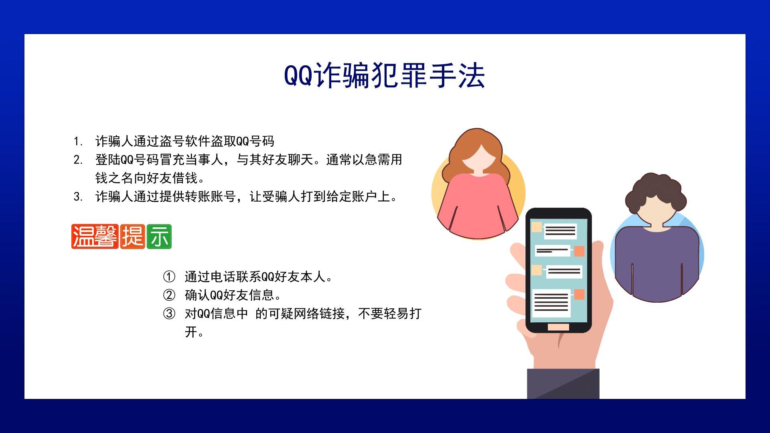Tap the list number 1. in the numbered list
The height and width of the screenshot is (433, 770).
pyautogui.click(x=78, y=142)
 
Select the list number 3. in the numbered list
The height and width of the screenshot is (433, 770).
pyautogui.click(x=78, y=197)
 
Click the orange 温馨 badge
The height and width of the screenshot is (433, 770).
pyautogui.click(x=95, y=237)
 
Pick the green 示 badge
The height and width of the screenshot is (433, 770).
pyautogui.click(x=159, y=237)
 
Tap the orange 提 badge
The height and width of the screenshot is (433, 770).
pyautogui.click(x=133, y=237)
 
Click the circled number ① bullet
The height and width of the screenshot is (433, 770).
pyautogui.click(x=169, y=277)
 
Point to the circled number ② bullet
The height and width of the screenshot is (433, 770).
pyautogui.click(x=169, y=295)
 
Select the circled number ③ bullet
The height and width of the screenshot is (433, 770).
pyautogui.click(x=169, y=314)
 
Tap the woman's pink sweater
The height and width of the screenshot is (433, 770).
pyautogui.click(x=477, y=206)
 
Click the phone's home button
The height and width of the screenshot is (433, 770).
pyautogui.click(x=558, y=327)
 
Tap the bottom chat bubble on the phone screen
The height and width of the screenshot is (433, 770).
pyautogui.click(x=551, y=303)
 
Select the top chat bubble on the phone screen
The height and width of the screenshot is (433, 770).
pyautogui.click(x=560, y=231)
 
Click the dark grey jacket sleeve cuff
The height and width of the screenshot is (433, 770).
pyautogui.click(x=563, y=384)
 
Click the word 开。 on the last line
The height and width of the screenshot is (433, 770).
pyautogui.click(x=195, y=332)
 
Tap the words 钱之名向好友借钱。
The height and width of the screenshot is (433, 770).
pyautogui.click(x=150, y=178)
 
